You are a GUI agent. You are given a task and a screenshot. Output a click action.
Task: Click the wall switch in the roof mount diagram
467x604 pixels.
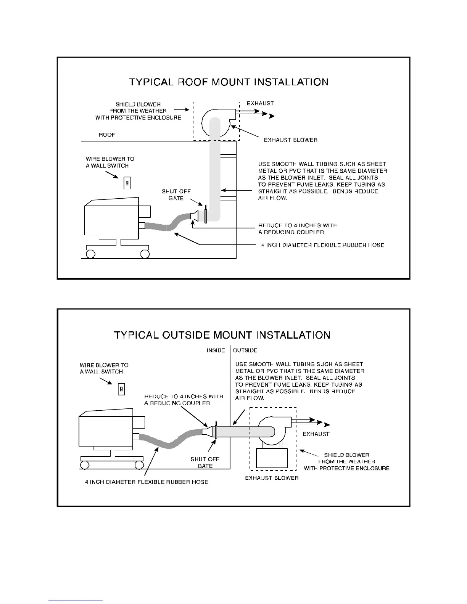(x=127, y=183)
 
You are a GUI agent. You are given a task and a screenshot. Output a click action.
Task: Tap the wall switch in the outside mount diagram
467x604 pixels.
(x=121, y=389)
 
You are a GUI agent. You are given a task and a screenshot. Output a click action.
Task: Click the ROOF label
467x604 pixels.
(x=107, y=135)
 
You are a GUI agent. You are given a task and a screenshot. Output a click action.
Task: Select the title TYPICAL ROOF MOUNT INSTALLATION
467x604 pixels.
(x=229, y=82)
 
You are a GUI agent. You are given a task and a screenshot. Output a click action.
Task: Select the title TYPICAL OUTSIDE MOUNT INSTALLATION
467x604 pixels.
(x=222, y=335)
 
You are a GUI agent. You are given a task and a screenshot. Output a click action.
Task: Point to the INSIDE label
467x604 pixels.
(x=216, y=350)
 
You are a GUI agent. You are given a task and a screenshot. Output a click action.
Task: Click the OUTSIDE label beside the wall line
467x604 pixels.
(x=245, y=350)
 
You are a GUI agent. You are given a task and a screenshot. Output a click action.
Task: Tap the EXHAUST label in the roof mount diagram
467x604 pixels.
(x=260, y=103)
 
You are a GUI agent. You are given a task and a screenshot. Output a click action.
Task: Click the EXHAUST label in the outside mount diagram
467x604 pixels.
(x=316, y=434)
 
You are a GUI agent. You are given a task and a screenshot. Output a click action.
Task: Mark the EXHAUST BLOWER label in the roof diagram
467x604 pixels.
(x=291, y=140)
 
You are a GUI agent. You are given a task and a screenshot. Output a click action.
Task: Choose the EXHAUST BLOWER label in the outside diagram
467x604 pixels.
(x=272, y=478)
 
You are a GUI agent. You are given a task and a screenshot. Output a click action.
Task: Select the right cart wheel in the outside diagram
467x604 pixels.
(x=139, y=465)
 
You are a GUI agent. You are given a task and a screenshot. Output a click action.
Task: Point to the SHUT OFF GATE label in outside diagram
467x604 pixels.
(x=205, y=463)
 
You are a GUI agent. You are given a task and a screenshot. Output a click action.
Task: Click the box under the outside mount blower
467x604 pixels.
(x=272, y=458)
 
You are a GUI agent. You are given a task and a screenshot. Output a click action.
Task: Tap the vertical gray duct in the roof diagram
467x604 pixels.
(x=215, y=172)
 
